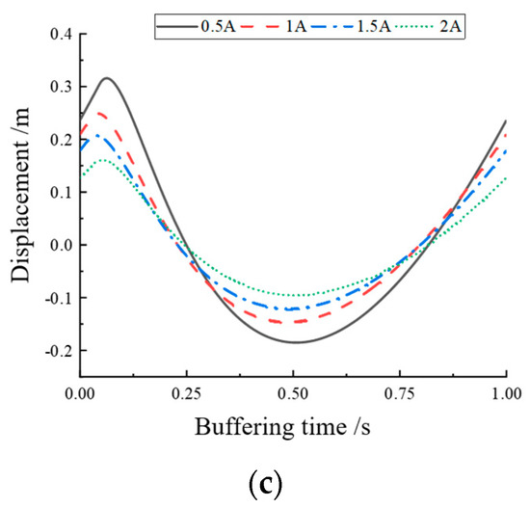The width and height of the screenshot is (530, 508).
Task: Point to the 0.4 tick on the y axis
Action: [x=57, y=36]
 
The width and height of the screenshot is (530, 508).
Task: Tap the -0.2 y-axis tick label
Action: [x=54, y=349]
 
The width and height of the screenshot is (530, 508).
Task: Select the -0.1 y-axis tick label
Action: [x=54, y=297]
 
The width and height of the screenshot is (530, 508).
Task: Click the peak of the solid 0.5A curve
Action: [x=107, y=78]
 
